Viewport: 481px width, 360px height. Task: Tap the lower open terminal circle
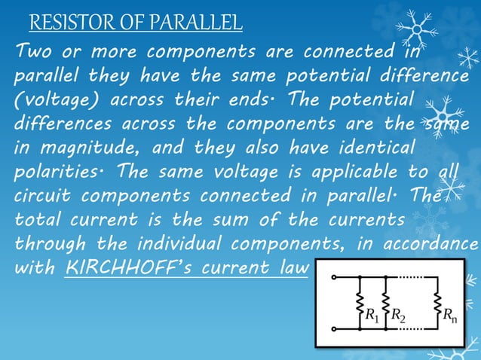(334, 328)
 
